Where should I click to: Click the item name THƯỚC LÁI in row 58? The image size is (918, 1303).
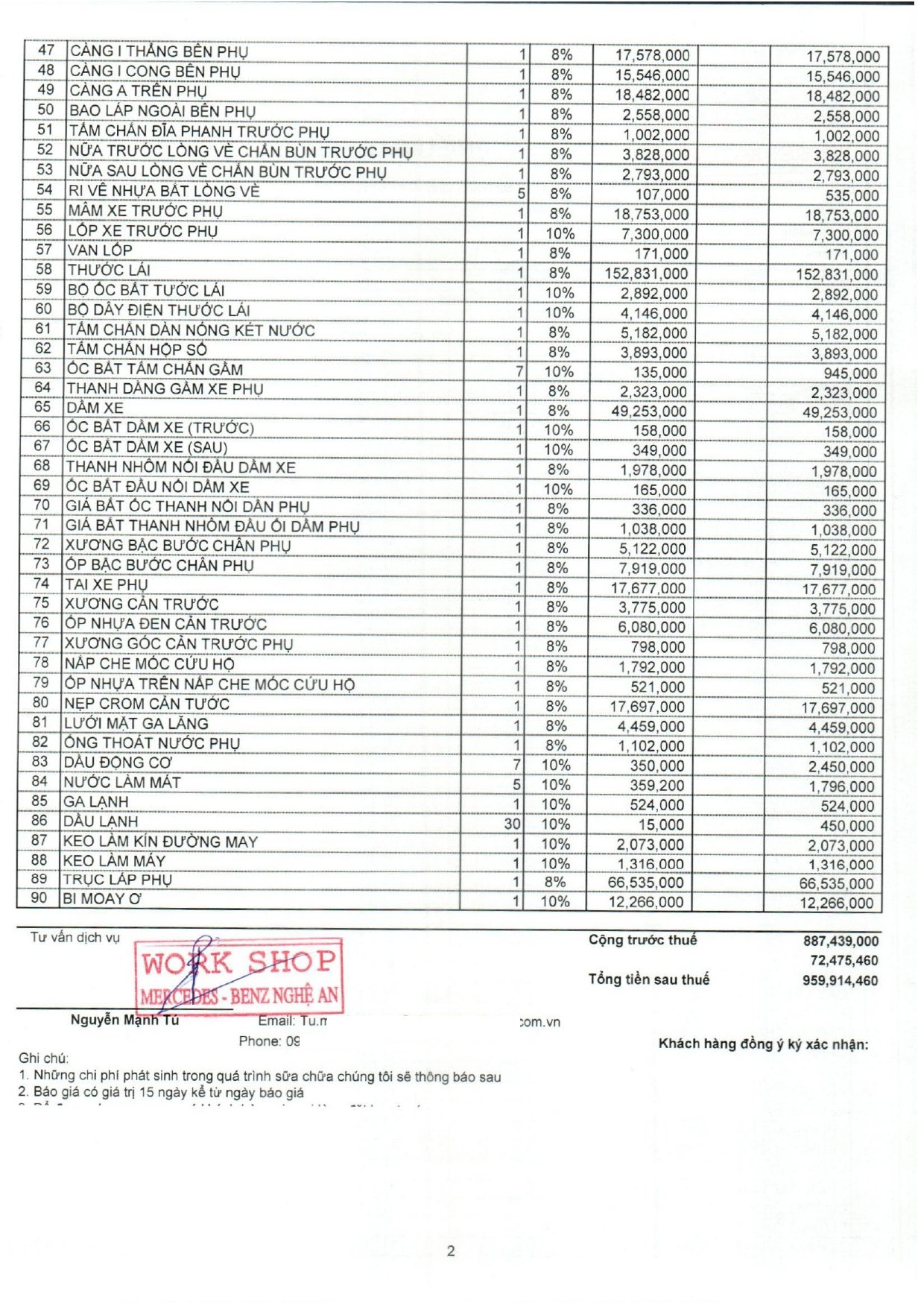[x=109, y=270]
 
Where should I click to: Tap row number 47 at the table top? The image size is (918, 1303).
[x=46, y=50]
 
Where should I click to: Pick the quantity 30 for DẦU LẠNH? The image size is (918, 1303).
[x=512, y=824]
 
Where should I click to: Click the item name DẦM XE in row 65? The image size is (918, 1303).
[x=95, y=408]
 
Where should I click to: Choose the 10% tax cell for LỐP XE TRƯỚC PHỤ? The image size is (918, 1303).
[x=560, y=233]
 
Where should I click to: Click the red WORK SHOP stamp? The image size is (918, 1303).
[x=238, y=976]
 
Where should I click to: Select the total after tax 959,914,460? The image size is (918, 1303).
[x=840, y=980]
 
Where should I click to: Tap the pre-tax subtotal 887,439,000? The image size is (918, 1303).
[x=841, y=941]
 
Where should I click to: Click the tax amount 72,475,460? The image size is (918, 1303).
[x=844, y=960]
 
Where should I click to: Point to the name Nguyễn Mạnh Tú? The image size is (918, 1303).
[x=124, y=1020]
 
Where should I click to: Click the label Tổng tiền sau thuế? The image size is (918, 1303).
[x=648, y=979]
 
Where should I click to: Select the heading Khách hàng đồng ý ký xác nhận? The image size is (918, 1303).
[x=763, y=1044]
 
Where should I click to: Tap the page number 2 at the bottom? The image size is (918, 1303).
[x=451, y=1251]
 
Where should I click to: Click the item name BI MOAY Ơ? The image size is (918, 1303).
[x=102, y=898]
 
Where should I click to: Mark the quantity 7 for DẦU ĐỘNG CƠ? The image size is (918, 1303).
[x=516, y=765]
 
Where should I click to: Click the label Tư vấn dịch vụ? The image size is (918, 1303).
[x=75, y=937]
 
